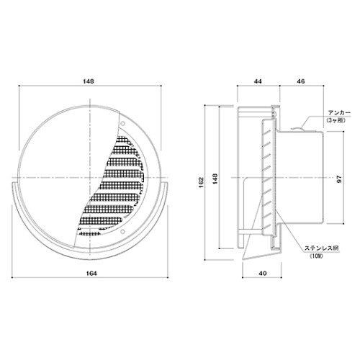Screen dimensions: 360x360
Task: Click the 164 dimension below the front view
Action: pyautogui.click(x=91, y=274)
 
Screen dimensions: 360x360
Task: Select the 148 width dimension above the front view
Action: pyautogui.click(x=89, y=81)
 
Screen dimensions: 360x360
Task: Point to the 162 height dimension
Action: pyautogui.click(x=201, y=182)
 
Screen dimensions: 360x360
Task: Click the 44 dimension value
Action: pyautogui.click(x=258, y=81)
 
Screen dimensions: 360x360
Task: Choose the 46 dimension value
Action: pyautogui.click(x=301, y=81)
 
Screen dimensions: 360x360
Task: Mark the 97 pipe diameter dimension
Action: pyautogui.click(x=339, y=179)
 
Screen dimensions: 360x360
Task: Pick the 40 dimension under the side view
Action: pyautogui.click(x=263, y=274)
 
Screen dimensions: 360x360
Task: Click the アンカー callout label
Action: pyautogui.click(x=339, y=113)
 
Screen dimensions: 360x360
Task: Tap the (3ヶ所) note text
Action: pyautogui.click(x=336, y=121)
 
